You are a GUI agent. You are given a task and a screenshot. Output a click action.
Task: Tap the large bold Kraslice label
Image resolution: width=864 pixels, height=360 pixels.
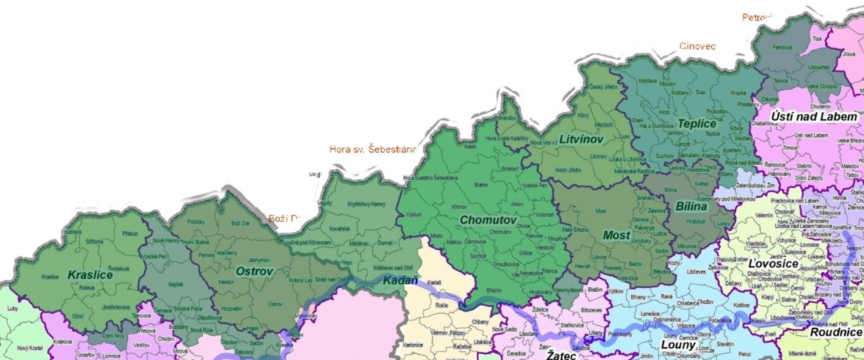[x=90, y=274]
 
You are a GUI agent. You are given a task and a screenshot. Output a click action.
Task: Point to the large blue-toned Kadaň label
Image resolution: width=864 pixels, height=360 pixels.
[x=399, y=280]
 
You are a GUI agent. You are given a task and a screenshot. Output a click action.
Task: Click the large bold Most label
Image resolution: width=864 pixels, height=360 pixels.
[x=616, y=235]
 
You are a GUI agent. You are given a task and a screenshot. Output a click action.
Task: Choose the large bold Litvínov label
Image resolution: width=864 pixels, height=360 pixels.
[x=581, y=139]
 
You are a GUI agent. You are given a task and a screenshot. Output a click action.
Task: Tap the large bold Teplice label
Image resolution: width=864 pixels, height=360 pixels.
[x=697, y=123]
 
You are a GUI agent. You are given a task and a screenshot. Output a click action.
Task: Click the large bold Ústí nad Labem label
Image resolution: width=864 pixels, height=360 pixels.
[x=814, y=116]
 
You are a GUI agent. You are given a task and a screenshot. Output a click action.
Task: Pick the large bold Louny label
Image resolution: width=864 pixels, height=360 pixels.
[x=673, y=345]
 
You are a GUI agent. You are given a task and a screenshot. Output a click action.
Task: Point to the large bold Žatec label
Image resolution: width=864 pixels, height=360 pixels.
[x=562, y=354]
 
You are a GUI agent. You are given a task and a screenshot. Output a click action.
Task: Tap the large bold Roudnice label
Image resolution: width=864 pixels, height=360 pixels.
[x=836, y=332]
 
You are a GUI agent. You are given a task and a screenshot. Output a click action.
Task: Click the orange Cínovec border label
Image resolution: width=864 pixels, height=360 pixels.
[x=697, y=46]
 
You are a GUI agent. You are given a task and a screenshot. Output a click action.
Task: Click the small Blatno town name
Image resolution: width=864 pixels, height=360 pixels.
[x=481, y=184]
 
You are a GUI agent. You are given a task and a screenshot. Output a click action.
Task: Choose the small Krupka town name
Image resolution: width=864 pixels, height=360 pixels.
[x=738, y=92]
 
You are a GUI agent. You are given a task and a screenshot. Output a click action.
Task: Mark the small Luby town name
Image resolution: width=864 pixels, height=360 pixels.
[x=12, y=308]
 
